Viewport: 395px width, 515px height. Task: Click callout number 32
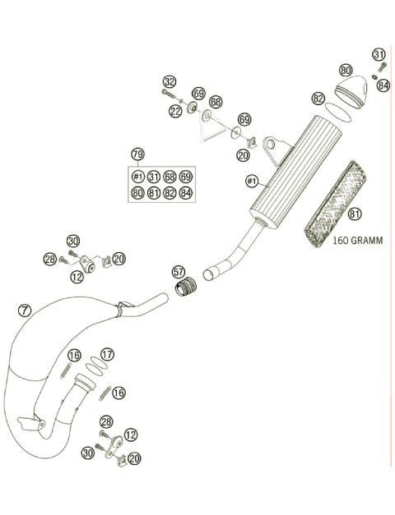[x=170, y=82]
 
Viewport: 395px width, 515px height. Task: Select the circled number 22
[x=176, y=111]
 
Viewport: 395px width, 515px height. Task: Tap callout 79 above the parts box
[x=138, y=154]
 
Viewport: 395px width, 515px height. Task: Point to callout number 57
[x=178, y=271]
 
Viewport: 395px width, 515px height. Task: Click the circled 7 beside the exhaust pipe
[x=25, y=311]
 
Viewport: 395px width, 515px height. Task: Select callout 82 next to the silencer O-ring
[x=318, y=99]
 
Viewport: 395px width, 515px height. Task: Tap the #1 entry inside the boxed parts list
[x=138, y=177]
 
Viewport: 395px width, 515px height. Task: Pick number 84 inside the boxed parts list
[x=186, y=194]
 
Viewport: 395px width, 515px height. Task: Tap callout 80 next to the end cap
[x=346, y=71]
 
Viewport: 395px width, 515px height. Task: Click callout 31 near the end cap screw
[x=379, y=54]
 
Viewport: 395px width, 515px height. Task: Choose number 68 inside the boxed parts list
[x=170, y=177]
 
